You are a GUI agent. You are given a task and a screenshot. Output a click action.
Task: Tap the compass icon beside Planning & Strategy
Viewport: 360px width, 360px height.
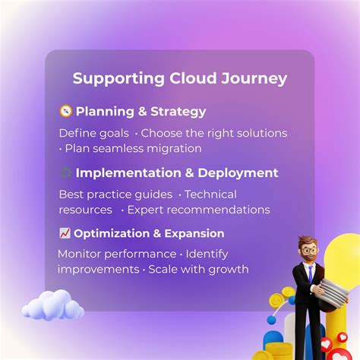65,112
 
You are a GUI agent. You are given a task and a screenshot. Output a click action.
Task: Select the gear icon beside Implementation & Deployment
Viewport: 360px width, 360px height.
65,172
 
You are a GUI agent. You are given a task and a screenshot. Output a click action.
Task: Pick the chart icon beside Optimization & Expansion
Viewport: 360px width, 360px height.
65,233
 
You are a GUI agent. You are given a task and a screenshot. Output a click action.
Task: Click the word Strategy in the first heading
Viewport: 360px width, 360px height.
178,112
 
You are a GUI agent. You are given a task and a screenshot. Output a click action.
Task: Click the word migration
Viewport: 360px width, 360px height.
174,148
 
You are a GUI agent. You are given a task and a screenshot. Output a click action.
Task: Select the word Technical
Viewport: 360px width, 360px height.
210,194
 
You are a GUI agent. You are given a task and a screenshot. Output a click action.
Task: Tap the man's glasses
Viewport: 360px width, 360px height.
308,252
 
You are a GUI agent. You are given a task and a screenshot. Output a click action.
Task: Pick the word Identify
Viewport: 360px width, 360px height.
207,254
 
